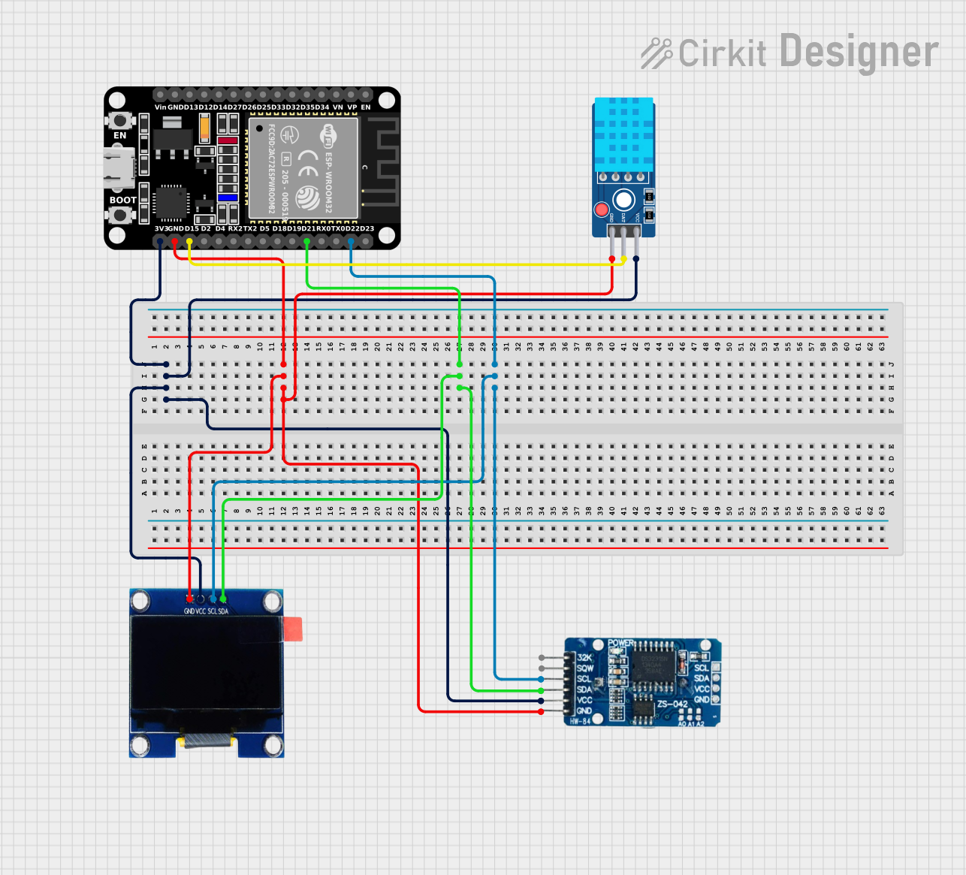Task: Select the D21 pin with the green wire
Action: (306, 241)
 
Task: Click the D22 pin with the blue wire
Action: (351, 241)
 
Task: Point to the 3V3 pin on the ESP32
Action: (160, 241)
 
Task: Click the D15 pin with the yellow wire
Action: (189, 241)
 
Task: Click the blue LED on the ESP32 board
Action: (228, 198)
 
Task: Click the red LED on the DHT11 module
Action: (601, 210)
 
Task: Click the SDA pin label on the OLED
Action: (223, 611)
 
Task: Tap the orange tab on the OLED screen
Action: (293, 629)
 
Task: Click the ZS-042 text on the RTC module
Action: (672, 704)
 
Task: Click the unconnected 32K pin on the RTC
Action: (542, 658)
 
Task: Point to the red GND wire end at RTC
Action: (542, 711)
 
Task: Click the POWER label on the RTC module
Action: (620, 644)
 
